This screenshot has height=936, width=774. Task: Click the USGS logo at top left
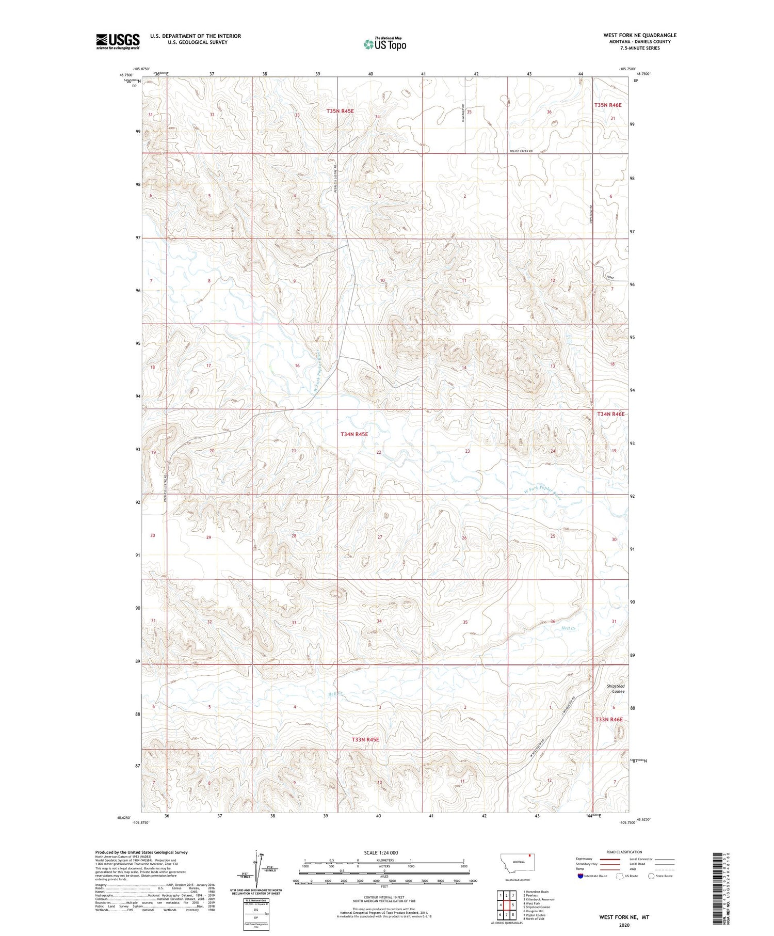pos(118,41)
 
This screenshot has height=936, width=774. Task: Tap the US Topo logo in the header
pos(384,44)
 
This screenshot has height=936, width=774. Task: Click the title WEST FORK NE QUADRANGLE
pos(639,35)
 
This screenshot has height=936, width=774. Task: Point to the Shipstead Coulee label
pos(615,689)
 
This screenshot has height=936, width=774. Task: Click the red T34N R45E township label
pos(354,434)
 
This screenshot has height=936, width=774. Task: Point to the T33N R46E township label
pos(609,719)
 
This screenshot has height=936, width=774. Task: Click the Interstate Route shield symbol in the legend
pos(580,876)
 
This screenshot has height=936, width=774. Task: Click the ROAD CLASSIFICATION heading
pos(624,852)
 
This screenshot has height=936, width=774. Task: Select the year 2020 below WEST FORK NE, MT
pos(624,925)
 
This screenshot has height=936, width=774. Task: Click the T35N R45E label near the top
pos(340,111)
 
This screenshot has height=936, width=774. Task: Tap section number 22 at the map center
pos(379,452)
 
